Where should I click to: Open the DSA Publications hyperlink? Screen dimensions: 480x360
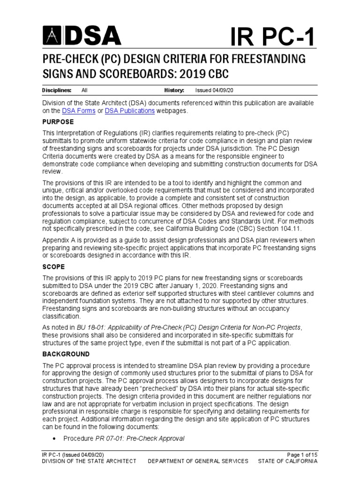click(x=130, y=111)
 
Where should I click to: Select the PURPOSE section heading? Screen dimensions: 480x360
click(x=58, y=121)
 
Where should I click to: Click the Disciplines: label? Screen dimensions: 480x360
click(x=57, y=90)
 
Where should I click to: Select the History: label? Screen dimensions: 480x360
click(x=174, y=90)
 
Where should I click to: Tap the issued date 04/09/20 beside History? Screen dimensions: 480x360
click(x=214, y=90)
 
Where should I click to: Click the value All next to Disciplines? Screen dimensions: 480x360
click(x=84, y=90)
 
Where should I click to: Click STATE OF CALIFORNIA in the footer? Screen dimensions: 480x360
click(x=287, y=461)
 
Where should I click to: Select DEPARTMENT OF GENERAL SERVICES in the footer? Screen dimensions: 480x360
click(x=198, y=461)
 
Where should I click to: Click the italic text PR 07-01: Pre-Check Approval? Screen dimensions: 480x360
click(x=140, y=439)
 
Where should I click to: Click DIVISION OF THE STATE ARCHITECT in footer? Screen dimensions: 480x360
click(x=89, y=461)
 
